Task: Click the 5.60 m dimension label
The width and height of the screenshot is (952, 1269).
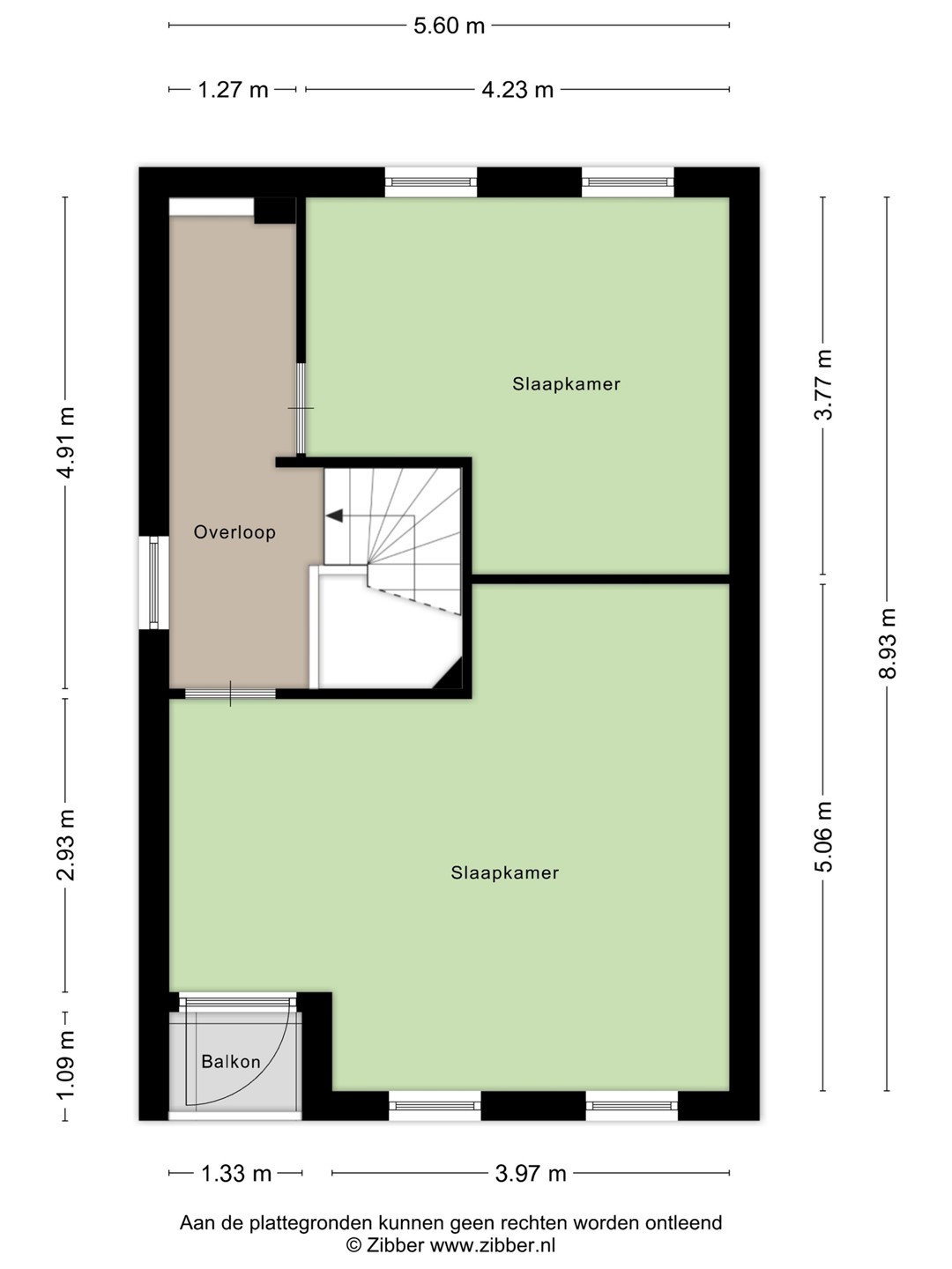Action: tap(449, 26)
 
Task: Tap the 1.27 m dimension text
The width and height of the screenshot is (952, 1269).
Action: tap(233, 90)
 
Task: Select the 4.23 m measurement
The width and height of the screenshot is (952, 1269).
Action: tap(517, 90)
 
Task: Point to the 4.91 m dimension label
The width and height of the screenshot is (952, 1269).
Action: tap(66, 443)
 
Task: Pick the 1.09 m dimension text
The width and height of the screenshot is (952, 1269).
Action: tap(66, 1065)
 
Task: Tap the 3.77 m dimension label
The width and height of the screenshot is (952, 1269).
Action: tap(823, 384)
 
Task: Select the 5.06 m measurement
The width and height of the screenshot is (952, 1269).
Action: tap(823, 836)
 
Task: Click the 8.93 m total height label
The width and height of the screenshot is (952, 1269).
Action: tap(888, 643)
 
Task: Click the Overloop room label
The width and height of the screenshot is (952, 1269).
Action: tap(234, 532)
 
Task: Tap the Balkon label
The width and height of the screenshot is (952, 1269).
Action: tap(231, 1062)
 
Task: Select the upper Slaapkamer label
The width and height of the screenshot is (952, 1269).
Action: tap(567, 384)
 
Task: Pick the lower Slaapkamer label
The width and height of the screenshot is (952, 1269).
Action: tap(504, 873)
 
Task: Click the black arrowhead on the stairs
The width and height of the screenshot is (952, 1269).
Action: tap(335, 516)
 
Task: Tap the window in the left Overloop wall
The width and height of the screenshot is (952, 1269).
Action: tap(153, 583)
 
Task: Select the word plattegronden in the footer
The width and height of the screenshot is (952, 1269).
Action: tap(313, 1223)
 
